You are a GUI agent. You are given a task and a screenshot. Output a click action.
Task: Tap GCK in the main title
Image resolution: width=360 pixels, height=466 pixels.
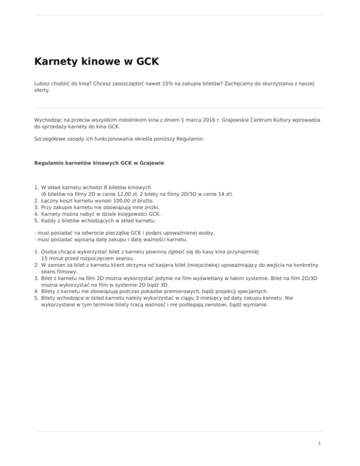pos(147,62)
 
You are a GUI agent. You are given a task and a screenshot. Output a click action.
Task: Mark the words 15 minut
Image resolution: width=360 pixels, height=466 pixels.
pos(52,258)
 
